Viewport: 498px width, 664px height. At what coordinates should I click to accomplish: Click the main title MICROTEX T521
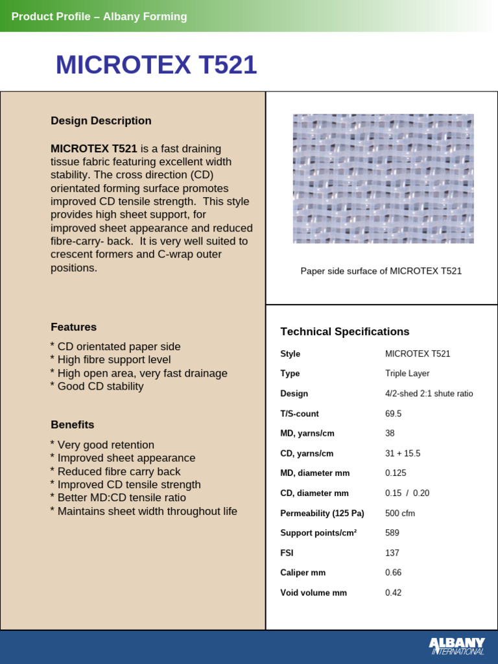[x=156, y=65]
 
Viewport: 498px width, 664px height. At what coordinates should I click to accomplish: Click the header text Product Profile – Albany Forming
[x=99, y=17]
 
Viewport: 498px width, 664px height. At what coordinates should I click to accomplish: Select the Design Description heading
[x=101, y=121]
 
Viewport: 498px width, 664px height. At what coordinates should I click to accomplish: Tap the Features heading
[x=73, y=327]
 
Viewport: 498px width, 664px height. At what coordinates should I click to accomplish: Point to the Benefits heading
[x=72, y=425]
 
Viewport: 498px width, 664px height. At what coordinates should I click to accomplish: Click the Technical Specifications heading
[x=344, y=331]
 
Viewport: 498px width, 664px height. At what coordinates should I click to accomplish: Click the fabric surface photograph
[x=383, y=178]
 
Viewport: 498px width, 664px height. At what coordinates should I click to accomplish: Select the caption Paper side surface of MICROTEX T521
[x=381, y=271]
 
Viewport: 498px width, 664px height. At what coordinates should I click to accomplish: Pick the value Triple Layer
[x=407, y=373]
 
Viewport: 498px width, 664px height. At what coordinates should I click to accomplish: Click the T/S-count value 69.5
[x=393, y=414]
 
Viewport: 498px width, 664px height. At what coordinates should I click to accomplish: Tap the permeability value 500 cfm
[x=399, y=514]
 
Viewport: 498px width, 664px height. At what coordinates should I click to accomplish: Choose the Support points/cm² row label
[x=318, y=533]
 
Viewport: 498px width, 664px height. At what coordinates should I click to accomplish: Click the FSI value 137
[x=392, y=553]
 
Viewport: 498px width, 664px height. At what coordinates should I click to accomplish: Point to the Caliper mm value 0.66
[x=393, y=573]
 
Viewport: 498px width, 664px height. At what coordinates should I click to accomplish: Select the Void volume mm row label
[x=313, y=593]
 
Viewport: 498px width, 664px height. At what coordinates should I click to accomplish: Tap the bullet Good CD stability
[x=97, y=386]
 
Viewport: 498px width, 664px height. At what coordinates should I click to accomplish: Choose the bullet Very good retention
[x=102, y=445]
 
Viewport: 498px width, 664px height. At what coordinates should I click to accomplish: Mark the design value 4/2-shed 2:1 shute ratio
[x=429, y=394]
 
